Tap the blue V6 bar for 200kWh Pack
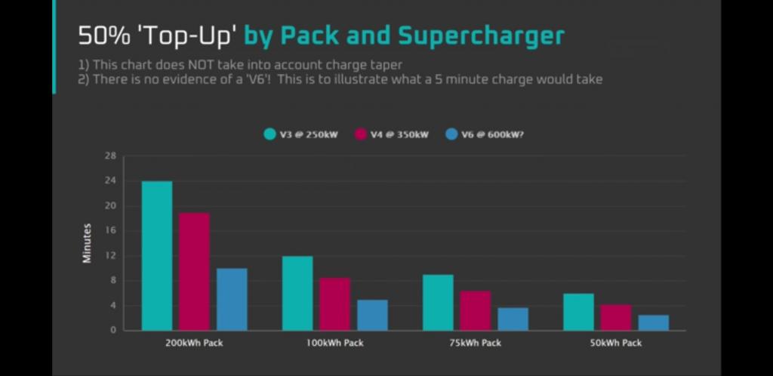(232, 299)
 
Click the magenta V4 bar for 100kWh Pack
(334, 304)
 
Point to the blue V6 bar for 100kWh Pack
(372, 315)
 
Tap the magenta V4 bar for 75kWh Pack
(475, 310)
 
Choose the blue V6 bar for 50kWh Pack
(653, 322)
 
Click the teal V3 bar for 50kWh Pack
(578, 312)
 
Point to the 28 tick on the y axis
(111, 156)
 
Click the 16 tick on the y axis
(111, 231)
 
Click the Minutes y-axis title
(87, 243)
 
